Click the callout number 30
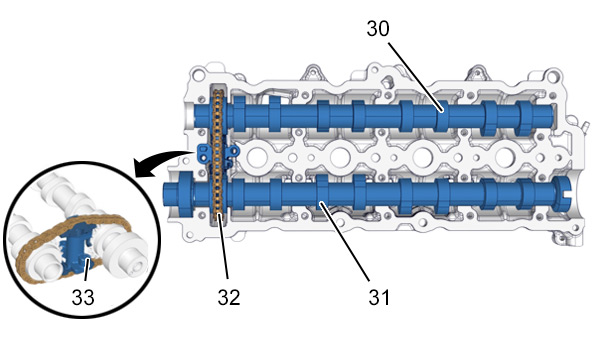pos(378,29)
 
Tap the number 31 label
pos(379,298)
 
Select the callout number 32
pos(229,298)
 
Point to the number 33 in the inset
pos(83,298)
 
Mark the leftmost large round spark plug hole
pos(257,157)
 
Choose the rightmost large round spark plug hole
pos(505,157)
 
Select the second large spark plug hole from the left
pos(340,157)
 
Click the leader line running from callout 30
pos(416,76)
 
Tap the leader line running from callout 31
pos(345,241)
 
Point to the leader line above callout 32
pos(224,246)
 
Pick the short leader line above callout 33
pos(86,270)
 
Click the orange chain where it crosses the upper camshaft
pos(218,116)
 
